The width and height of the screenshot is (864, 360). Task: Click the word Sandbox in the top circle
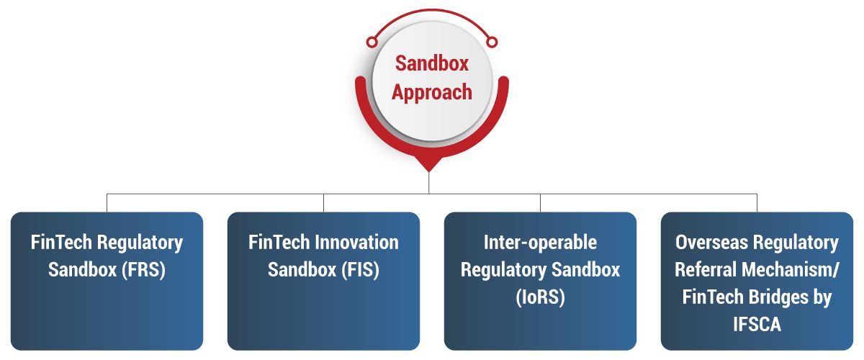click(x=431, y=63)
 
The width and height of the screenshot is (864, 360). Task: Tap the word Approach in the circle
click(x=431, y=92)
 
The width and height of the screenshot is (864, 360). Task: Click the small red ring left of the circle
click(x=372, y=40)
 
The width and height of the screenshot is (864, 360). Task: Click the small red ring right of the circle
click(x=492, y=40)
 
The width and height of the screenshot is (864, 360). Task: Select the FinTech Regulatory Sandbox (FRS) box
click(x=107, y=281)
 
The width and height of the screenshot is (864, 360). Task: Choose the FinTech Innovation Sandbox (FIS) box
click(x=323, y=281)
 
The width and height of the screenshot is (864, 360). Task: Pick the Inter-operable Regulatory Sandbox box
click(x=540, y=281)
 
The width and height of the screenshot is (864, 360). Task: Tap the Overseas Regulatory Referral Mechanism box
click(x=757, y=281)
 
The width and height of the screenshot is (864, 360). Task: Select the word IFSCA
click(x=757, y=325)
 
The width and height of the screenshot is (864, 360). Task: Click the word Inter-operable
click(x=540, y=243)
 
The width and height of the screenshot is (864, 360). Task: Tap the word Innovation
click(x=356, y=243)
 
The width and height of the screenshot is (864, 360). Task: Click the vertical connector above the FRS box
click(x=107, y=202)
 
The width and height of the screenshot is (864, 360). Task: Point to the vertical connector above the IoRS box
click(x=540, y=202)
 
